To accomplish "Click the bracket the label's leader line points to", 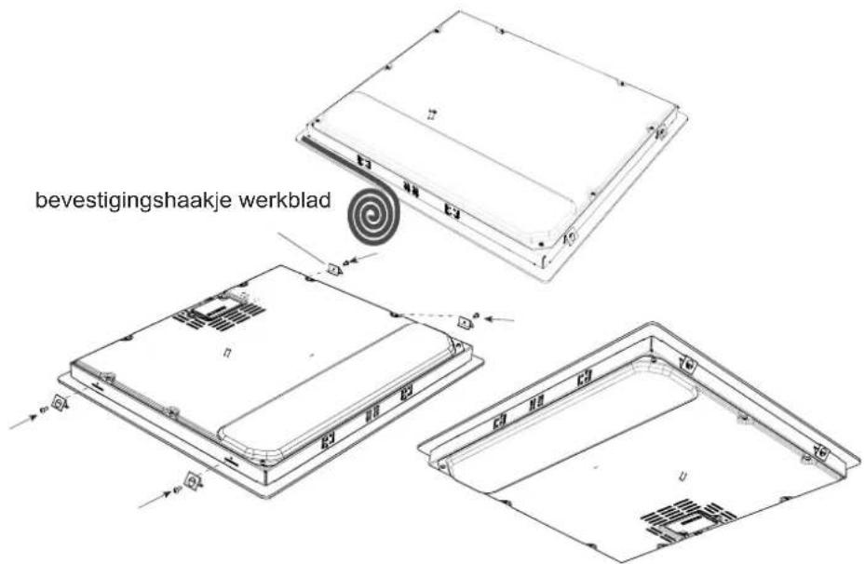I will (334, 270).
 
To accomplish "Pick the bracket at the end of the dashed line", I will (465, 322).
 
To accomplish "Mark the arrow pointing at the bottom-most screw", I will (153, 500).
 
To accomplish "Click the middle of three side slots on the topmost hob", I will (410, 189).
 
